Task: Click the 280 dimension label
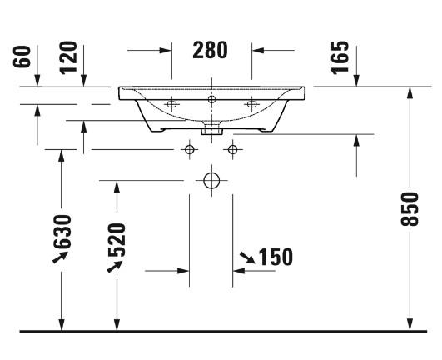(210, 50)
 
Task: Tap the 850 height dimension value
(410, 209)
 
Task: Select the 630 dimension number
(62, 232)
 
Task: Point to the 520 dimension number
(117, 240)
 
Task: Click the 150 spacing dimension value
(276, 257)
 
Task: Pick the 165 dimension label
(340, 57)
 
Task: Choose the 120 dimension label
(68, 57)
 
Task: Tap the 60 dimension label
(22, 57)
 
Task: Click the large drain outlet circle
(211, 181)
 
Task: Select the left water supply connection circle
(190, 149)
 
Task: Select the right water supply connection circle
(232, 149)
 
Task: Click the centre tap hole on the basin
(211, 99)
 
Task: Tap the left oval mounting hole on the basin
(171, 104)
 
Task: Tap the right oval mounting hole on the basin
(251, 104)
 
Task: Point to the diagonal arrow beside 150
(247, 257)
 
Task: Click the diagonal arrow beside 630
(60, 257)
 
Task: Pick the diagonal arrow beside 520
(115, 267)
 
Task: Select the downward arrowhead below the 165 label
(356, 80)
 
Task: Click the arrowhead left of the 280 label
(166, 51)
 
